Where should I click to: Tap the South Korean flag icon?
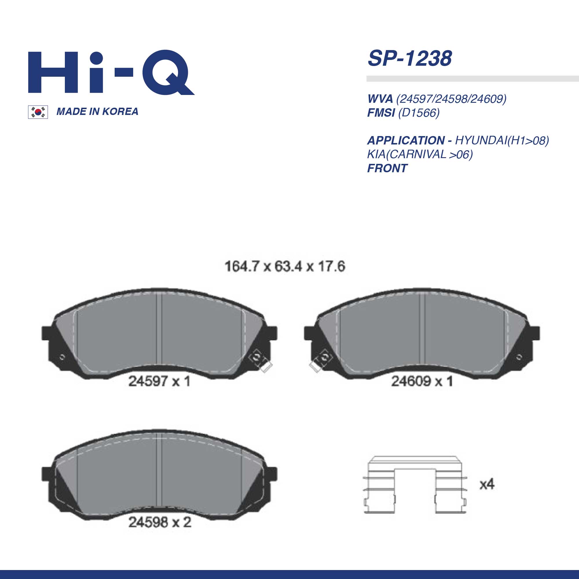point(38,112)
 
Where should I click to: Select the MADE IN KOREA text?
point(97,111)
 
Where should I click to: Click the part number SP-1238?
point(410,58)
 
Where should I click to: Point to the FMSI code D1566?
point(419,113)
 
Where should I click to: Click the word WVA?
point(380,99)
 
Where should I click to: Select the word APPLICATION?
point(406,141)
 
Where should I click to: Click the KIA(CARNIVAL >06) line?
point(420,154)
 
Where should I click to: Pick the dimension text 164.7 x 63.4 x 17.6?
point(285,266)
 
